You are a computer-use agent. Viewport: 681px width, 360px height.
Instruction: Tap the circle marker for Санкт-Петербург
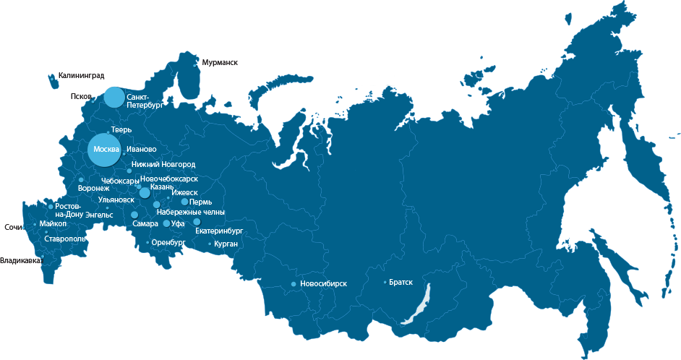(113, 97)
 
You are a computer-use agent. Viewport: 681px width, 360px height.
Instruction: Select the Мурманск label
(220, 63)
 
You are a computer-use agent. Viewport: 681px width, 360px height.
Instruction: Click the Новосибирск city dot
(294, 284)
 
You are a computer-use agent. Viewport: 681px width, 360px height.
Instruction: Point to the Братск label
(401, 282)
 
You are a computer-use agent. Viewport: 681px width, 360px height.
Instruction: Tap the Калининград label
(81, 74)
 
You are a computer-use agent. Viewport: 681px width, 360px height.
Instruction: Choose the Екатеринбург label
(219, 231)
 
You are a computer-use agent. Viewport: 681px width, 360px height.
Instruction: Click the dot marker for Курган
(210, 244)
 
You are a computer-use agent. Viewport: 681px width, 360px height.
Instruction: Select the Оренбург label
(168, 243)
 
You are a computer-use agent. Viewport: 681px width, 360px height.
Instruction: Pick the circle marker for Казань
(145, 192)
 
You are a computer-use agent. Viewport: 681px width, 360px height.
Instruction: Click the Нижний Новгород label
(163, 165)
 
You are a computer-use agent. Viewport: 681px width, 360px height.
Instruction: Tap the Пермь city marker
(184, 202)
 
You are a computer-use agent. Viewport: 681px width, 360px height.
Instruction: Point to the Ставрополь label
(65, 239)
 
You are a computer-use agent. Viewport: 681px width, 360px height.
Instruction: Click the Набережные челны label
(190, 213)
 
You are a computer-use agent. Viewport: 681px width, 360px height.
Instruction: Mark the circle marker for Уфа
(166, 224)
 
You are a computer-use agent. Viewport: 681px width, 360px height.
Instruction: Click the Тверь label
(121, 130)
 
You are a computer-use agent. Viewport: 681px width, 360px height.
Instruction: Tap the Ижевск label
(184, 192)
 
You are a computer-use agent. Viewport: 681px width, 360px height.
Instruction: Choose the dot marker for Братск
(385, 283)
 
